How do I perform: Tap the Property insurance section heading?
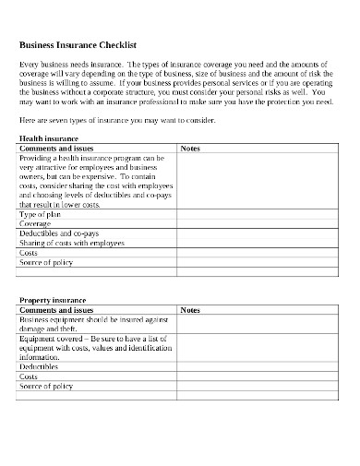(x=52, y=300)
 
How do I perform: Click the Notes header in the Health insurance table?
(x=189, y=148)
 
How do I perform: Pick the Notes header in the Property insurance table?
(x=189, y=311)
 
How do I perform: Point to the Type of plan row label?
(x=42, y=212)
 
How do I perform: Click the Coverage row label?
(x=36, y=222)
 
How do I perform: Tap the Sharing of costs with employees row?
(x=70, y=243)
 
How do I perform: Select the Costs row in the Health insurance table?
(x=29, y=253)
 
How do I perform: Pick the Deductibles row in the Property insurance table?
(x=40, y=365)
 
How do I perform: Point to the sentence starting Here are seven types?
(x=116, y=121)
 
